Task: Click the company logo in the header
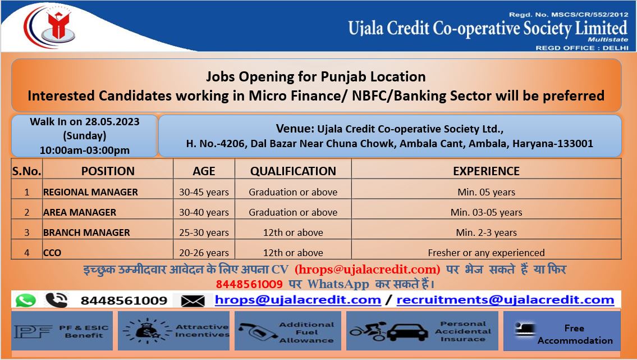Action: (51, 26)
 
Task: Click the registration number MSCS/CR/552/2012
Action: (589, 15)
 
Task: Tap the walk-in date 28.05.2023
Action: (112, 121)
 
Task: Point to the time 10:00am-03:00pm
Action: (85, 151)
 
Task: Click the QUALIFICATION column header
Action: (293, 171)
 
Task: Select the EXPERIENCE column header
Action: (486, 171)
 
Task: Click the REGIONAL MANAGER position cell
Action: (90, 192)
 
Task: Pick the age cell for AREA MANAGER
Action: (204, 212)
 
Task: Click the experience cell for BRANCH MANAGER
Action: (486, 233)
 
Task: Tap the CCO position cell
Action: (52, 253)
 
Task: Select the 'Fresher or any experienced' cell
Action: (486, 253)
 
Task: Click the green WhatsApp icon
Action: (26, 300)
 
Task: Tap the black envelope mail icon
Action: (193, 300)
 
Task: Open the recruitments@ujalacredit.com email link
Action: (505, 300)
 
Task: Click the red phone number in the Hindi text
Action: (249, 284)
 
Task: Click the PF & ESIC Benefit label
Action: (84, 331)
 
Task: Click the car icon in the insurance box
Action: (407, 332)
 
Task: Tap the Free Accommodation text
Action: (575, 334)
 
